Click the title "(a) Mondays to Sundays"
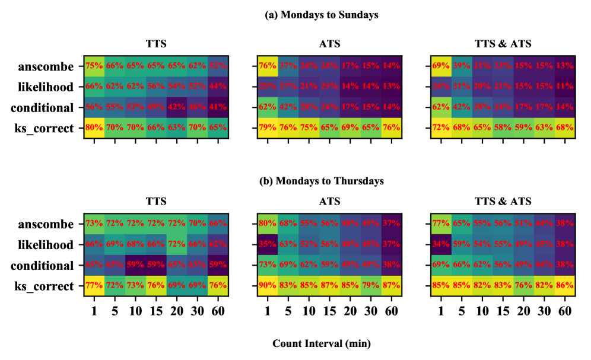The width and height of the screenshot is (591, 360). coord(321,15)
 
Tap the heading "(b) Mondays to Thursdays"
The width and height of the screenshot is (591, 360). coord(321,180)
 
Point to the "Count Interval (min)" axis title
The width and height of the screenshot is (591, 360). coord(321,343)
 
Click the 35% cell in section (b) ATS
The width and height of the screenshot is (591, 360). coord(266,245)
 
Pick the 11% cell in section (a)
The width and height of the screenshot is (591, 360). coord(564,87)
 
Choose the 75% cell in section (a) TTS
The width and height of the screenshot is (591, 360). coord(94,66)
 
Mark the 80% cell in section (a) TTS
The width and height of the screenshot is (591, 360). coord(94,128)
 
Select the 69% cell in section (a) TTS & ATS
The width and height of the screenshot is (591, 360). coord(440,66)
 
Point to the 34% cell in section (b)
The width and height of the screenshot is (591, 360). coord(440,245)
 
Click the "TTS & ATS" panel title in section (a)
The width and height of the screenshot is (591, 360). coord(503,44)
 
